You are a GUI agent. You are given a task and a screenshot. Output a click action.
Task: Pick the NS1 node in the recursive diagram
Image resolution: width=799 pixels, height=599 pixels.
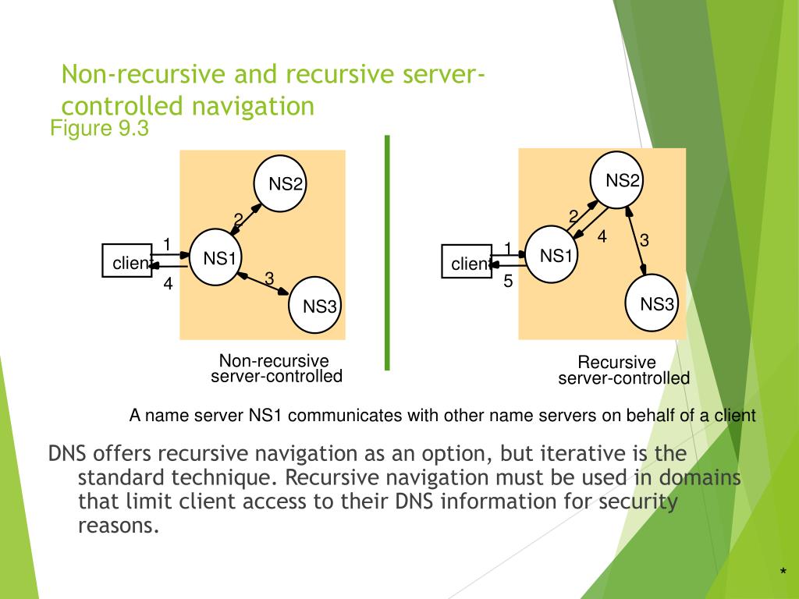[555, 255]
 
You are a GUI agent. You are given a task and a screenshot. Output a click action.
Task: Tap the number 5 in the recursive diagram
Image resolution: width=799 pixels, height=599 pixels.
[507, 282]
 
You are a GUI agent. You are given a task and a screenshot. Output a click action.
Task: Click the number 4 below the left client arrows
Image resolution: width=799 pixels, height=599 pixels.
[168, 285]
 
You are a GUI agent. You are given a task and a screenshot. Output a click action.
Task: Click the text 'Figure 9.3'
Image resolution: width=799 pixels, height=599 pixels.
[99, 128]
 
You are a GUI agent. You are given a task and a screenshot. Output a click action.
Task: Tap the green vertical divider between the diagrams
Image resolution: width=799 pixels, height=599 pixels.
[387, 252]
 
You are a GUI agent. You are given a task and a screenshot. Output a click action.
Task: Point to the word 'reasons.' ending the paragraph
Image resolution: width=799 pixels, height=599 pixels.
[119, 525]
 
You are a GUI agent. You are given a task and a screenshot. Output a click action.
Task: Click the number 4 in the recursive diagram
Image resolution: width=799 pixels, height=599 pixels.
[602, 236]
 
